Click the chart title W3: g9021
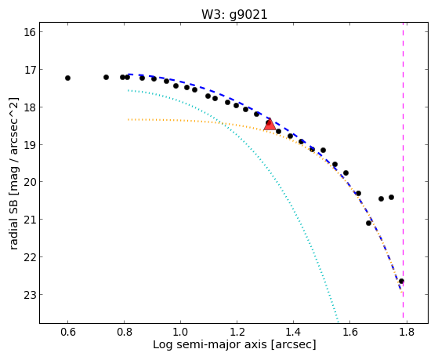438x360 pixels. [234, 14]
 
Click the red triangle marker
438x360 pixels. [270, 125]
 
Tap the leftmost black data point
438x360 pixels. [67, 78]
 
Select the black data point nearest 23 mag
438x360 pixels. [401, 281]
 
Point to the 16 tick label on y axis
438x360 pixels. [30, 32]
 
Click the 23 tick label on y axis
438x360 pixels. [30, 295]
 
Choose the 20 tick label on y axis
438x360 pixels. [30, 182]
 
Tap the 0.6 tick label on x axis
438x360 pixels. [68, 332]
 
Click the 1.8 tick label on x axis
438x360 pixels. [407, 332]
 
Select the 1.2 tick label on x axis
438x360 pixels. [237, 332]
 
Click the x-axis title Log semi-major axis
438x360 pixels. [210, 344]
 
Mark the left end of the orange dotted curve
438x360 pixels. [129, 119]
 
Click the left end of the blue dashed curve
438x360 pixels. [129, 75]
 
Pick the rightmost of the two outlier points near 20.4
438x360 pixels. [391, 197]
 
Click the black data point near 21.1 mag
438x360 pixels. [369, 223]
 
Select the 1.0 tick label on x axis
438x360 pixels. [181, 332]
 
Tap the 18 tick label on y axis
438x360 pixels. [30, 107]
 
